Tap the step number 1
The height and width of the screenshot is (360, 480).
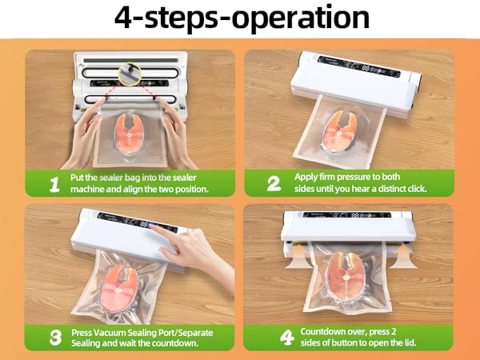click(x=54, y=184)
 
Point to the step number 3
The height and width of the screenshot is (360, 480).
click(x=54, y=337)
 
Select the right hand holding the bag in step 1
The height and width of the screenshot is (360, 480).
click(x=180, y=128)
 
